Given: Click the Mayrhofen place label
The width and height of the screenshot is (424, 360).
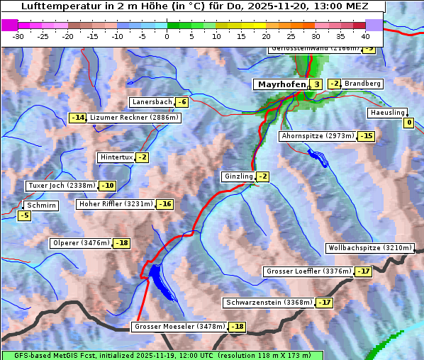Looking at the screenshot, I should tap(281, 84).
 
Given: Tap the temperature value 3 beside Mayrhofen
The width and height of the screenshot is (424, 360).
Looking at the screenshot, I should tap(316, 84).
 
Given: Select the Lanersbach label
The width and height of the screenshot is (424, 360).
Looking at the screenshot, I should tap(152, 102).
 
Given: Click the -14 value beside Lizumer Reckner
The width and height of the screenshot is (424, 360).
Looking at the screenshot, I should tap(77, 118).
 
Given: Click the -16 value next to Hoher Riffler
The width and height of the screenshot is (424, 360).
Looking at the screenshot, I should tap(164, 204).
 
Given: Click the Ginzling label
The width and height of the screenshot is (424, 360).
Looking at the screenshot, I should tap(238, 176).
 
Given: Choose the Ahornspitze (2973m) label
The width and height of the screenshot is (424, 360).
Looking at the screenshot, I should tap(318, 135).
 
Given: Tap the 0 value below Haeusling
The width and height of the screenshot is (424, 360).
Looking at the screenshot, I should tap(408, 123).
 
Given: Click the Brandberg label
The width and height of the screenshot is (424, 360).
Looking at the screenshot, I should tap(362, 84).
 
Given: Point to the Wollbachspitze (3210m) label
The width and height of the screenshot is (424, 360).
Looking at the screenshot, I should tap(369, 248).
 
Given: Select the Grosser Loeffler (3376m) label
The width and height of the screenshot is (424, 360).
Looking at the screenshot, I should tap(308, 271).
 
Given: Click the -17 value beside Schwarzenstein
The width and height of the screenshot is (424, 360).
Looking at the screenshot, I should tap(324, 303).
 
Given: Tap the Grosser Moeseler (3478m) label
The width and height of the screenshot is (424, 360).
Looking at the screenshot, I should tap(179, 327).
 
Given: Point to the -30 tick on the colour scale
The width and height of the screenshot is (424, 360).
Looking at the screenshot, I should tap(18, 35).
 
